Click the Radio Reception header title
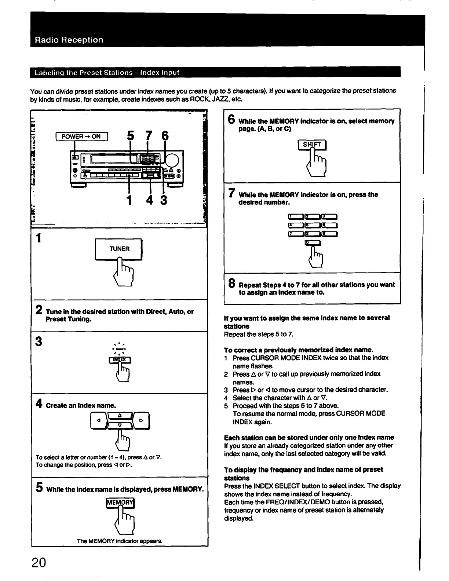point(69,40)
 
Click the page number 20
point(39,562)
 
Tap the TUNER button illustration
point(119,249)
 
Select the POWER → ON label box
point(81,136)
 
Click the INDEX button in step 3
point(120,360)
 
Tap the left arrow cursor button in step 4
point(98,421)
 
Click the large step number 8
point(232,283)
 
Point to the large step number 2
point(39,310)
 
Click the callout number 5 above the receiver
point(130,136)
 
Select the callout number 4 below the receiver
point(151,200)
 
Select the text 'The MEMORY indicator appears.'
point(120,541)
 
